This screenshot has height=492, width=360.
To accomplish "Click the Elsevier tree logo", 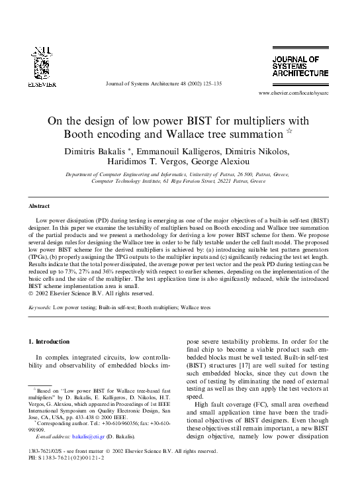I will point(37,63).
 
